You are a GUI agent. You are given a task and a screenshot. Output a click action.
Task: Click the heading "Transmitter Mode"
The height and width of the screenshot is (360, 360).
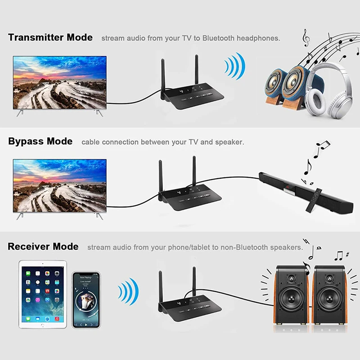pos(50,37)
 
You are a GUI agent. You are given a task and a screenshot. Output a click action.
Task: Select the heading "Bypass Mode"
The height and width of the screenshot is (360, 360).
pos(40,141)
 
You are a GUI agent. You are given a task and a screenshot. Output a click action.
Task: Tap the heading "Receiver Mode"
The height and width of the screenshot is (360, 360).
pos(43,247)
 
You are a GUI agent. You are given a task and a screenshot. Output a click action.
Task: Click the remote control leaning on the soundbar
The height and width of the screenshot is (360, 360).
pos(313,200)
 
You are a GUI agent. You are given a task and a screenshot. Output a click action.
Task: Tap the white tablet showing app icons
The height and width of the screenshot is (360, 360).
pos(43,295)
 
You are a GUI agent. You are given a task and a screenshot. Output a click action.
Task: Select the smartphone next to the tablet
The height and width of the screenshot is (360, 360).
pos(86,300)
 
